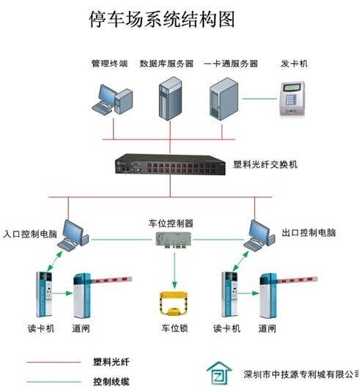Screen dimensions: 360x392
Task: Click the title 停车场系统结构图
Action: point(162,19)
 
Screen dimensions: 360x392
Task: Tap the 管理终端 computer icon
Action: point(112,100)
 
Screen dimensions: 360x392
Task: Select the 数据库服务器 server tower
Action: point(170,98)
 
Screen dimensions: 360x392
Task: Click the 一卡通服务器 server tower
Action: point(224,99)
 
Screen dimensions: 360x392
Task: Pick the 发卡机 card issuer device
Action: point(293,98)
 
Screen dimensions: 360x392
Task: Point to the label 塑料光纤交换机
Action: point(265,164)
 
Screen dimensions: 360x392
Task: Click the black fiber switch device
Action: point(170,164)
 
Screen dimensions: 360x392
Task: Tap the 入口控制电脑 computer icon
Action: point(73,235)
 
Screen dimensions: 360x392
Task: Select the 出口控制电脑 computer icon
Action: point(260,235)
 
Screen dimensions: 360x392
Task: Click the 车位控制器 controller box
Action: point(174,240)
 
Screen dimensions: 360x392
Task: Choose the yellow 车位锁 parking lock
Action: point(174,303)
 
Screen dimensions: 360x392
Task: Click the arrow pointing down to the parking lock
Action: point(175,270)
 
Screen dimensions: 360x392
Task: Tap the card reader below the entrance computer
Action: point(44,294)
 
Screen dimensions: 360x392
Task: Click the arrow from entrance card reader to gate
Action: point(62,293)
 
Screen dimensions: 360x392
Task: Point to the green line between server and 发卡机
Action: point(259,98)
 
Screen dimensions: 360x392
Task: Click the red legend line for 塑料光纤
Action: point(54,362)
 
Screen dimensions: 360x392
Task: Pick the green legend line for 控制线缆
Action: point(54,382)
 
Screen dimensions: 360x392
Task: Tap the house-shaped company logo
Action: point(219,374)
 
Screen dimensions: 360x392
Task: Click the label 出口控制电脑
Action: point(309,233)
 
